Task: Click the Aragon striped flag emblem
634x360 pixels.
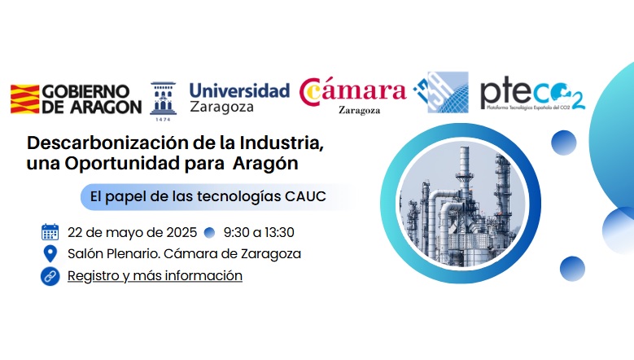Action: point(24,99)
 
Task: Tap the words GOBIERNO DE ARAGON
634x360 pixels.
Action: point(91,99)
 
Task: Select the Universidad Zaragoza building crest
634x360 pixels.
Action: point(163,101)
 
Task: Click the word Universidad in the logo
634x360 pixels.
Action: point(239,90)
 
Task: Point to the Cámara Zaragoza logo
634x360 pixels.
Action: point(352,95)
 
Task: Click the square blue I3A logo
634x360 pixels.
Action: point(442,92)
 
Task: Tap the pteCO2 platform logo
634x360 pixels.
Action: point(532,95)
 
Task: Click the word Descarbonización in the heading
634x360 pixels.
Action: point(107,143)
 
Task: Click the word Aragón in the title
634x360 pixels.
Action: point(265,164)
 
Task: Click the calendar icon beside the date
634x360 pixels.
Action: point(50,232)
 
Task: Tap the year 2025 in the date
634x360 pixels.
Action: point(181,233)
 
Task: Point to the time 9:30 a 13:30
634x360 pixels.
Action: point(259,233)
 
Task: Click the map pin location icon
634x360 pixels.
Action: point(50,253)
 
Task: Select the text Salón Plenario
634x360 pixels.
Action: point(114,253)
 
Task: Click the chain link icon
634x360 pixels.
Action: point(50,276)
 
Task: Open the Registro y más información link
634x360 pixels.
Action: point(155,276)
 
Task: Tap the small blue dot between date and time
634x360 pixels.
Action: point(209,233)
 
